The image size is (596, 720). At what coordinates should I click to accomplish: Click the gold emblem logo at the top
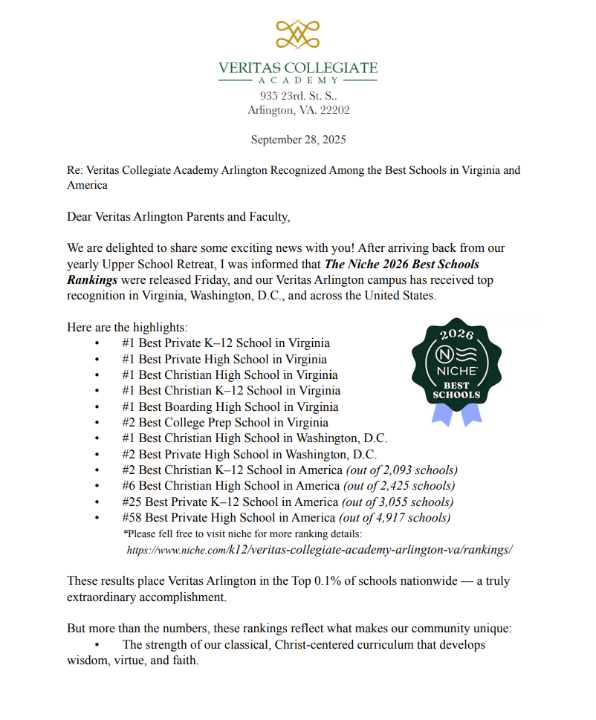tap(297, 34)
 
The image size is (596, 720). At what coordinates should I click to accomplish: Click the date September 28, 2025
tap(298, 140)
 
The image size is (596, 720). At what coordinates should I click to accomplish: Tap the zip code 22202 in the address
tap(333, 110)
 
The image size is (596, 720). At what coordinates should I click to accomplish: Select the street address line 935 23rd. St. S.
tap(298, 96)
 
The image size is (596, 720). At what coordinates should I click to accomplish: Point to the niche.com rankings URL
tap(320, 551)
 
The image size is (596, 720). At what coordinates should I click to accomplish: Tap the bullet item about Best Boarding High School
tap(230, 406)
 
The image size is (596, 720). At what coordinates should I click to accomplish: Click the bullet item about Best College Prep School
tap(225, 423)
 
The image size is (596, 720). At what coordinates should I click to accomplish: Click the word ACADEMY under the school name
tap(297, 80)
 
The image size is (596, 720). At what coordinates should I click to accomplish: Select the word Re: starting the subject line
tap(75, 170)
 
